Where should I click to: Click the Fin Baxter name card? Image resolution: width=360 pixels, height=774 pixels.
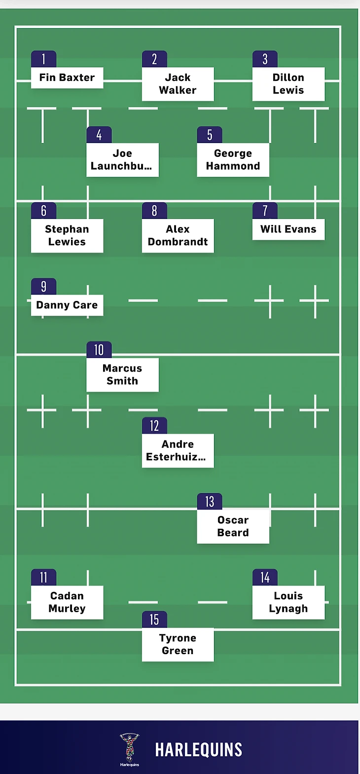[67, 78]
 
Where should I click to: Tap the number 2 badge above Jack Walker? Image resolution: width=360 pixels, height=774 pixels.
[154, 59]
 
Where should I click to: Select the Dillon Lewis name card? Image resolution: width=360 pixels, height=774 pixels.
[288, 84]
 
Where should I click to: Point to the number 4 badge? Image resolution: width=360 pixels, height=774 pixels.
[99, 135]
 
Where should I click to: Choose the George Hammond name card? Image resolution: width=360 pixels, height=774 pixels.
[233, 160]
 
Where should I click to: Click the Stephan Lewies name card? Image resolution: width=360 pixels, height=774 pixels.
[67, 236]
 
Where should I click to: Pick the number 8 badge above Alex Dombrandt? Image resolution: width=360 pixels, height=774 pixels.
[154, 211]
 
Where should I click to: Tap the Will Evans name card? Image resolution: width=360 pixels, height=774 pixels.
[288, 229]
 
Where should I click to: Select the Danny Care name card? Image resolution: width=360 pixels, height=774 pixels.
[67, 305]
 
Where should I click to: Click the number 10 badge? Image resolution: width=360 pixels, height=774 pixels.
[99, 350]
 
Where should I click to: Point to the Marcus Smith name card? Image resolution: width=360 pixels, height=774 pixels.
[122, 375]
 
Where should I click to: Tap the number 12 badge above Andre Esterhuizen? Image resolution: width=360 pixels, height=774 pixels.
[154, 426]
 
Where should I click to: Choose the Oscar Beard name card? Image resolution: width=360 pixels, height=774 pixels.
[233, 526]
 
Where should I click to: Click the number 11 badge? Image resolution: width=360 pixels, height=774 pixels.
[44, 578]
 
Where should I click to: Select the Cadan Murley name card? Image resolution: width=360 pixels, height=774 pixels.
[67, 602]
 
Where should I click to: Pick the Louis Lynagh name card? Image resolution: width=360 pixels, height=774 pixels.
[288, 602]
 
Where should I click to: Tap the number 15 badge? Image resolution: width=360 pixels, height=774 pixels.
[154, 620]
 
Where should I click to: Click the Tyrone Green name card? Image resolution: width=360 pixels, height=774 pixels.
[178, 644]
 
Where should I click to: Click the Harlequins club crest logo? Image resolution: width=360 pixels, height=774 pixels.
[129, 747]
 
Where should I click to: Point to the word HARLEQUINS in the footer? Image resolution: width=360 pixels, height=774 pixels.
[199, 750]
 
